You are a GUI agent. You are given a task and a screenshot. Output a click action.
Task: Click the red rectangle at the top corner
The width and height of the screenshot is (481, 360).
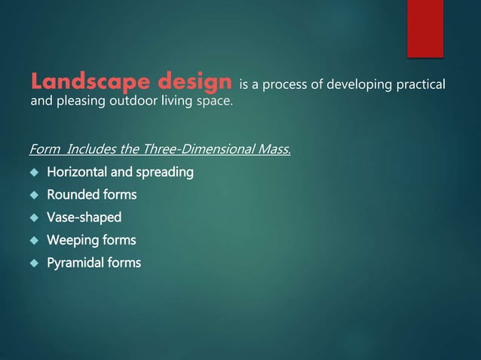pos(425,28)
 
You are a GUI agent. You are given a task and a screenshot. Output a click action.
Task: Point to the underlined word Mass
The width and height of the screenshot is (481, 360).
pos(274,149)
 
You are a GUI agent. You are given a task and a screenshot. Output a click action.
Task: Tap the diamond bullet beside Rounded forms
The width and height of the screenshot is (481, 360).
pos(34,195)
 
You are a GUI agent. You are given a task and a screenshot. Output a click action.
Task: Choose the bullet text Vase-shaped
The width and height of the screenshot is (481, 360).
pos(84,218)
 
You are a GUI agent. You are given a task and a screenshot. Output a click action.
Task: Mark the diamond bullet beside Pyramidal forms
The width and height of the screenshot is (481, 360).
pos(34,263)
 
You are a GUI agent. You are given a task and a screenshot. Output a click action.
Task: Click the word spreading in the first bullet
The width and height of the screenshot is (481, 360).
pos(165,173)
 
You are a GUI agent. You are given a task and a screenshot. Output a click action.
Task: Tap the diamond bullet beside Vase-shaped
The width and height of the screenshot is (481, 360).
pos(34,218)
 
